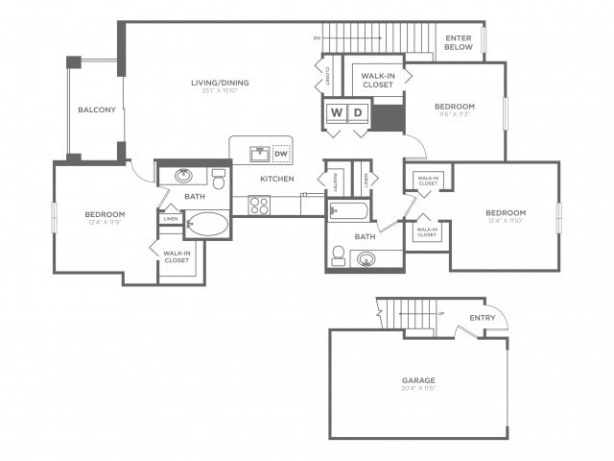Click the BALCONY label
[96, 110]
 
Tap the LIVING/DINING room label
[220, 83]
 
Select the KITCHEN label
[277, 179]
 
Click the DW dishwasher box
[281, 154]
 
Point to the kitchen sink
[258, 154]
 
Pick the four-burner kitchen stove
[260, 205]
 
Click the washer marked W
[337, 112]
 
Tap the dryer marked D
[358, 112]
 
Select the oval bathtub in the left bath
[207, 225]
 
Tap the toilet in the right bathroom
[338, 255]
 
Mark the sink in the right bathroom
[366, 258]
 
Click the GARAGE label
[418, 380]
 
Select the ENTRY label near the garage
[483, 318]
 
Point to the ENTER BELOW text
[459, 42]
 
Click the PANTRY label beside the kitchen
[337, 178]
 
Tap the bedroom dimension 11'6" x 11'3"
[454, 114]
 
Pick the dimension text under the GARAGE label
[418, 389]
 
